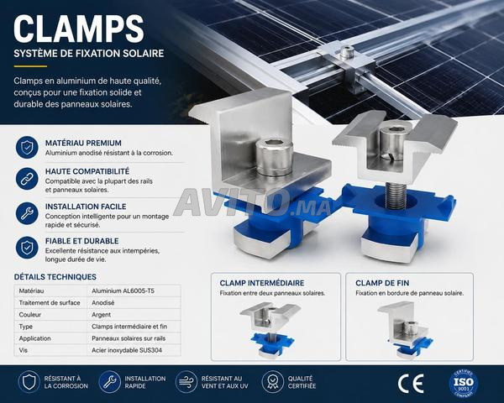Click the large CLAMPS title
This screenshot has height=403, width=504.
pyautogui.click(x=78, y=29)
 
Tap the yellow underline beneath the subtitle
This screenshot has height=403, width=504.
pyautogui.click(x=30, y=66)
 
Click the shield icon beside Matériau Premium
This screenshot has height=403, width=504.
pyautogui.click(x=27, y=147)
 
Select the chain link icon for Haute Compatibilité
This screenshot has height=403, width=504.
pyautogui.click(x=27, y=178)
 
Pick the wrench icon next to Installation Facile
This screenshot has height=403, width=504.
pyautogui.click(x=27, y=213)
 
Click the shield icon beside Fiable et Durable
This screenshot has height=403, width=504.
pyautogui.click(x=27, y=248)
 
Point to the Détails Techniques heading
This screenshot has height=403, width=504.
pyautogui.click(x=55, y=277)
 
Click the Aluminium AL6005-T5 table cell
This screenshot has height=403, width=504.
pyautogui.click(x=123, y=290)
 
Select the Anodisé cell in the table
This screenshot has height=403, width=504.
pyautogui.click(x=102, y=303)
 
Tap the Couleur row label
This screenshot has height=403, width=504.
pyautogui.click(x=30, y=315)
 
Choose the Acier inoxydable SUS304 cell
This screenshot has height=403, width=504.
pyautogui.click(x=127, y=350)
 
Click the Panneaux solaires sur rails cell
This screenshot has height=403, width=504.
pyautogui.click(x=129, y=338)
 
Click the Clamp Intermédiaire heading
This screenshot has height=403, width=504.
pyautogui.click(x=262, y=283)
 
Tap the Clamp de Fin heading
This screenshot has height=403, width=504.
pyautogui.click(x=382, y=283)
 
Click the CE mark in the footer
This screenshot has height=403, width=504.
pyautogui.click(x=411, y=384)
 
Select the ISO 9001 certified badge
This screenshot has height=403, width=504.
pyautogui.click(x=464, y=383)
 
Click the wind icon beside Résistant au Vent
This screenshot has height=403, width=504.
pyautogui.click(x=186, y=382)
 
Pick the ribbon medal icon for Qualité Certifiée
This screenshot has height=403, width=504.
pyautogui.click(x=272, y=382)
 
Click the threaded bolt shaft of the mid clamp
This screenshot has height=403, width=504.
pyautogui.click(x=396, y=196)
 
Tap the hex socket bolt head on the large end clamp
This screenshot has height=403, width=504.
pyautogui.click(x=274, y=157)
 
